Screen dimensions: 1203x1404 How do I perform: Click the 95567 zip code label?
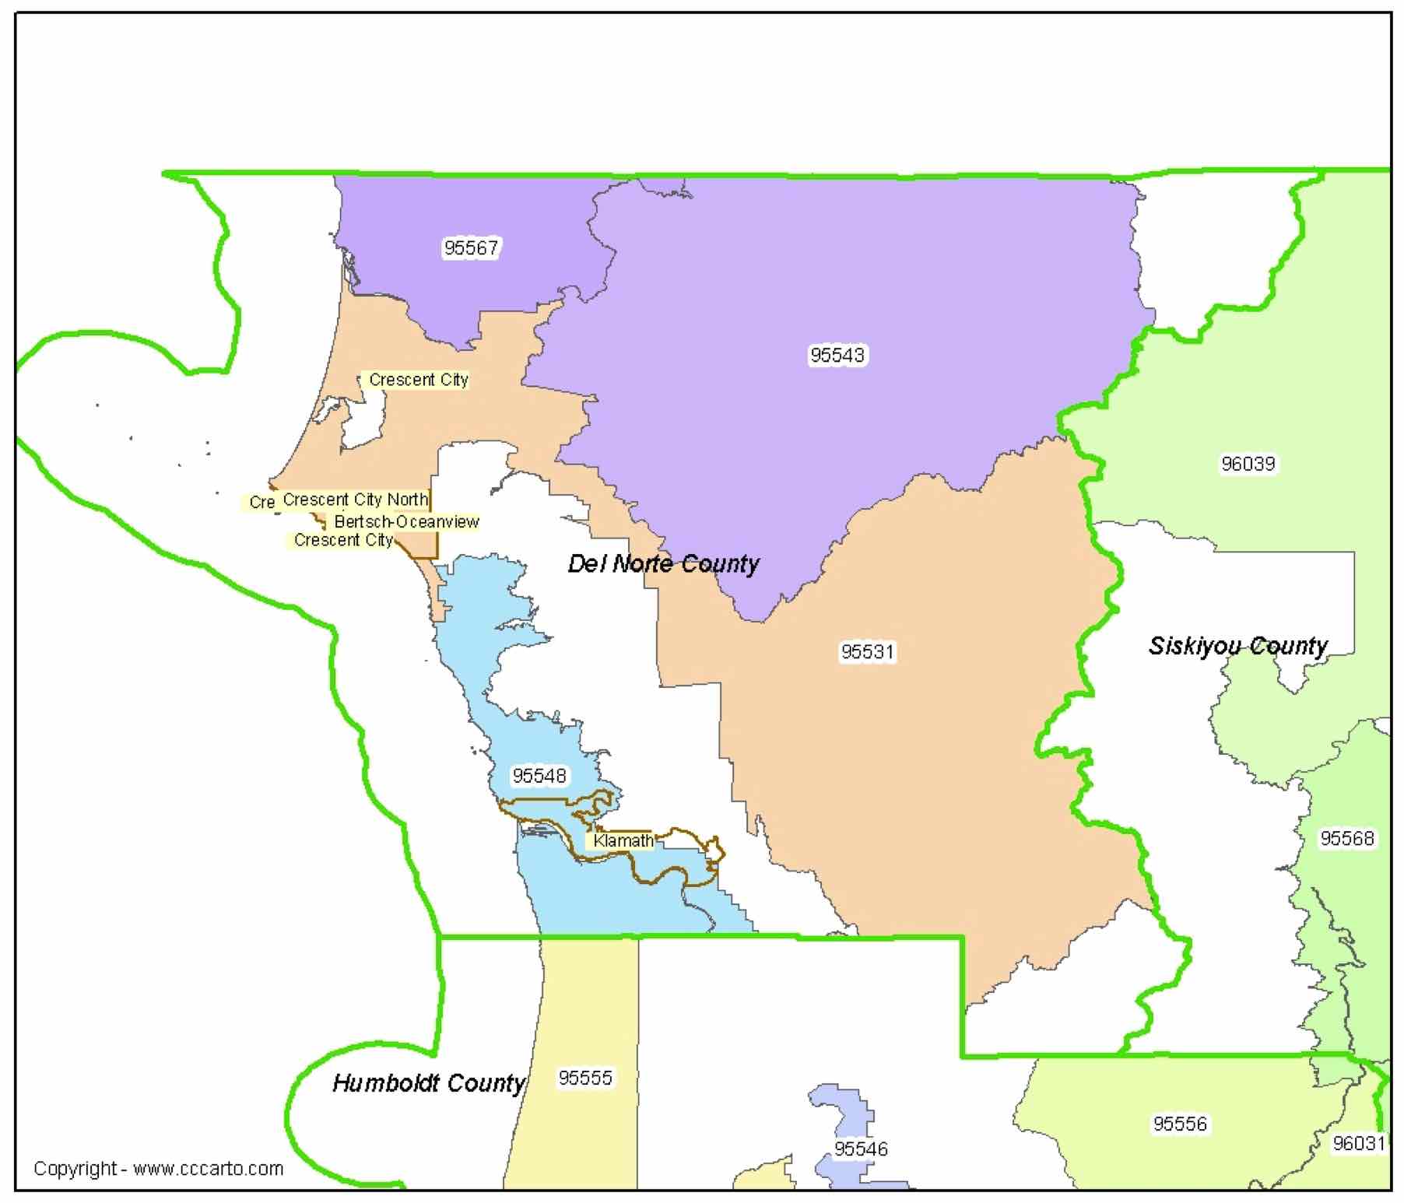coord(471,247)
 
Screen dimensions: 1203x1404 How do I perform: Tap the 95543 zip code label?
coord(837,355)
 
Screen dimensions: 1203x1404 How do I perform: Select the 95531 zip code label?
coord(867,651)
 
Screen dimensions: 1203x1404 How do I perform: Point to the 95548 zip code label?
coord(539,776)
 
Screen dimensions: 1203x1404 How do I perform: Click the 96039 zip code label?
coord(1248,464)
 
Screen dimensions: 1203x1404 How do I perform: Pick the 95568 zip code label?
coord(1346,838)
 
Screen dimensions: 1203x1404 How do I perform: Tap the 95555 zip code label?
coord(585,1078)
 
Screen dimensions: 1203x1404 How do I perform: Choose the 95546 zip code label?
coord(861,1149)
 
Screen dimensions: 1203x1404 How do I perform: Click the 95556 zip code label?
coord(1180,1124)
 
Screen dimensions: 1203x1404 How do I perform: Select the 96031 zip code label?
coord(1358,1143)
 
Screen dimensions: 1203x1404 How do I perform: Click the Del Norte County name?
coord(663,563)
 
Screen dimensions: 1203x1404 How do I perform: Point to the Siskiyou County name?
coord(1237,646)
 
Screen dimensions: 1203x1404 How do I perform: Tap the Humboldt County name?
coord(429,1083)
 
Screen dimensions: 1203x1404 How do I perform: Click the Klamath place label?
coord(623,840)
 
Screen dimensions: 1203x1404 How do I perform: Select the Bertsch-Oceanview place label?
coord(406,521)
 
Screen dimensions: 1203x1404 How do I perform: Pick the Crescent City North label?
coord(355,500)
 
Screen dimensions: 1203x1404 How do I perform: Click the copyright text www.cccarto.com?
coord(159,1168)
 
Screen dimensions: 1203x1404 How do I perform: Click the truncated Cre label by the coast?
coord(261,503)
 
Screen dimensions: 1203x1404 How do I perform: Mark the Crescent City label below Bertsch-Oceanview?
coord(343,540)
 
